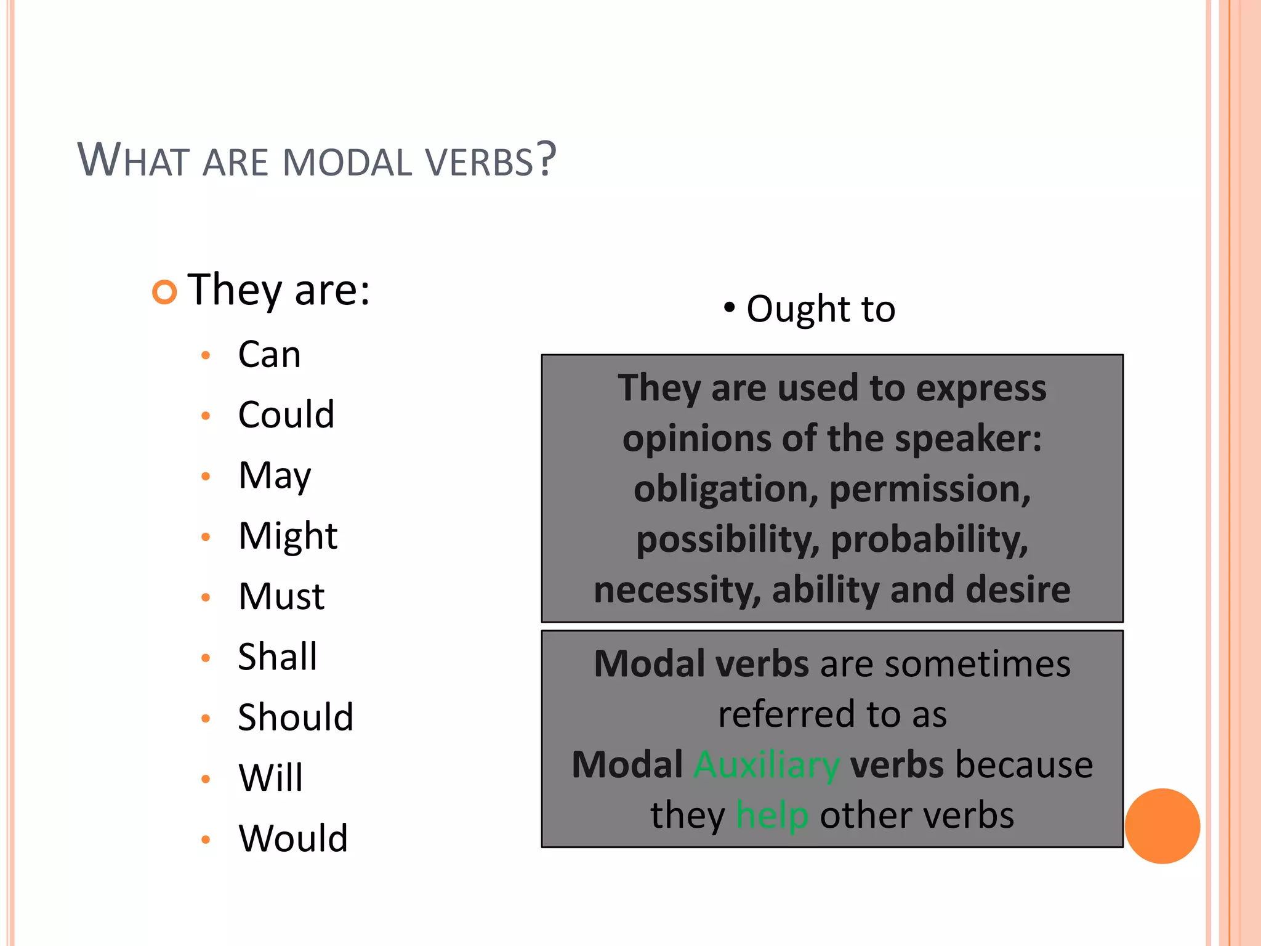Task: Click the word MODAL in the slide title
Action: [347, 163]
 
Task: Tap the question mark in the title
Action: [546, 159]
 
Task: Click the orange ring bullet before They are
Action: [164, 291]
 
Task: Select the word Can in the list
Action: [269, 355]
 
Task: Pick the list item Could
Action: [286, 414]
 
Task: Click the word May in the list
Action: [275, 476]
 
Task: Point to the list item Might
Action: [288, 536]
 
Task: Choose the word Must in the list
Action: [281, 596]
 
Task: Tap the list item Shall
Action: [277, 657]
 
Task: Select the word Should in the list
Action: [296, 717]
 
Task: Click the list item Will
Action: [270, 777]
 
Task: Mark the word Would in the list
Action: [293, 838]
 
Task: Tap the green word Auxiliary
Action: [767, 765]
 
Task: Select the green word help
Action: [772, 815]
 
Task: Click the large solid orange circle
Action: [1162, 826]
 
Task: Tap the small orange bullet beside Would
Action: [206, 839]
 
